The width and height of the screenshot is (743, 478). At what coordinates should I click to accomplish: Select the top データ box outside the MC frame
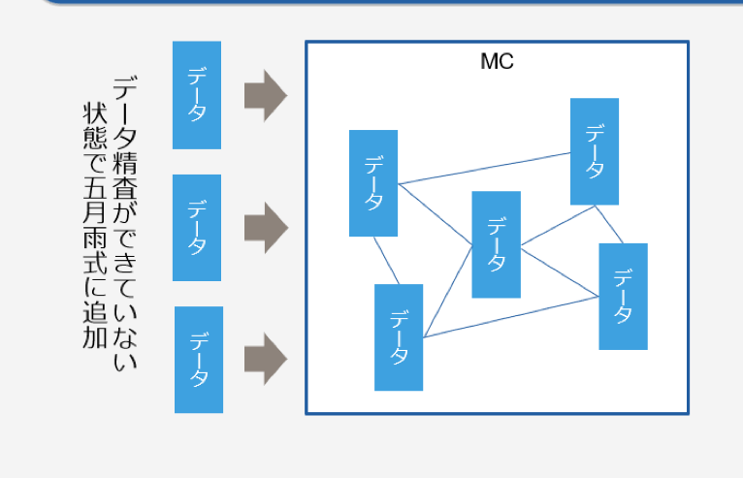(197, 95)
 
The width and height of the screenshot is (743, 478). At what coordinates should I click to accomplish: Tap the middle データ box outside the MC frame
(197, 227)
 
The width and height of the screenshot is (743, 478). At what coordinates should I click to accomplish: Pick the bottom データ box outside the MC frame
(199, 360)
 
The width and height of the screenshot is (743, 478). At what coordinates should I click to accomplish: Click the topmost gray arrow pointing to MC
(265, 95)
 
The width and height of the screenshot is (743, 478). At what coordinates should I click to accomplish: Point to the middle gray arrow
(265, 228)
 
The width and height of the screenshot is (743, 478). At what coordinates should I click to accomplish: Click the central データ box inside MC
(497, 244)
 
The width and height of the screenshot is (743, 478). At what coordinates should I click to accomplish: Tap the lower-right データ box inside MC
(623, 297)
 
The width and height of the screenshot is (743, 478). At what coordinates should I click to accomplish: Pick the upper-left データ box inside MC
(373, 183)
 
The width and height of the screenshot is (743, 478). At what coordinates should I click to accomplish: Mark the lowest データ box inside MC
(399, 337)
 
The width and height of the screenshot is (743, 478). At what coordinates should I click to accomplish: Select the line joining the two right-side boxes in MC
(608, 224)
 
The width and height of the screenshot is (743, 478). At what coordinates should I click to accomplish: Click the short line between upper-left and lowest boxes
(385, 260)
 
